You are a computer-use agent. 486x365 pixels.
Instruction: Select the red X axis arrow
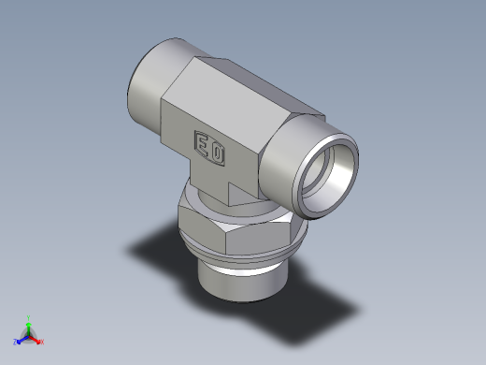(36, 339)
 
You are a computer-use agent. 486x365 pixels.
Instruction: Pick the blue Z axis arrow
(21, 339)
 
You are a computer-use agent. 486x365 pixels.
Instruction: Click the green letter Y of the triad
(29, 317)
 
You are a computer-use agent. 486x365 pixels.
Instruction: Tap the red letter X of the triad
(42, 343)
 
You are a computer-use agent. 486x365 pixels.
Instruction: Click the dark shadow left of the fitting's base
(159, 248)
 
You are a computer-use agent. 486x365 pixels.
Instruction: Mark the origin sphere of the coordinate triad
(29, 335)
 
